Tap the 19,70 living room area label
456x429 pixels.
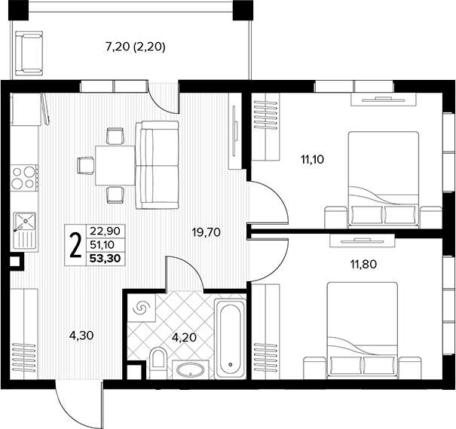(207, 232)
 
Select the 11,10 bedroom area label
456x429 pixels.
(312, 159)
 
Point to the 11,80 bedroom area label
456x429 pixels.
(363, 264)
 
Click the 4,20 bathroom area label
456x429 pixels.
(184, 337)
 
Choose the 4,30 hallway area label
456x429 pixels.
(81, 336)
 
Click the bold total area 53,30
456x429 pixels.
(106, 259)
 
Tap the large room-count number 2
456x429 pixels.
(75, 245)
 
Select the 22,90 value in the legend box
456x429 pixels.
(105, 231)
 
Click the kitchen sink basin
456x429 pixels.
(26, 221)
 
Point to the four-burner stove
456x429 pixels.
(24, 178)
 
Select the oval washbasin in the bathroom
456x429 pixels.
(191, 370)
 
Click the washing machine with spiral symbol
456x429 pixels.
(142, 307)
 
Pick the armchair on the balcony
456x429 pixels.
(29, 54)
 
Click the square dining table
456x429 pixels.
(115, 165)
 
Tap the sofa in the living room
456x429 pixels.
(157, 165)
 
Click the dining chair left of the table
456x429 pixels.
(85, 166)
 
